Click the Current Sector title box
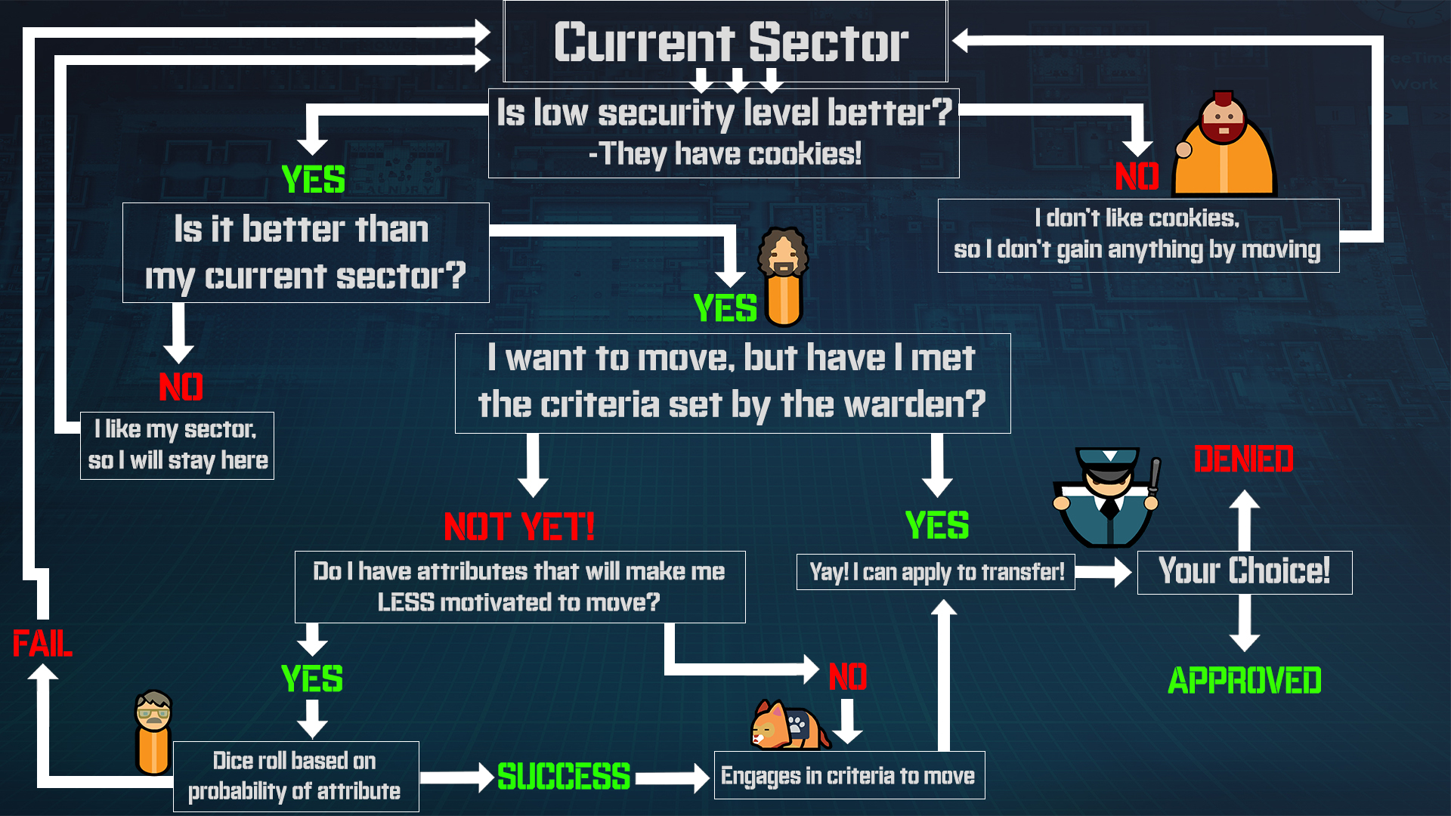pyautogui.click(x=725, y=42)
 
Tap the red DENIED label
pyautogui.click(x=1243, y=459)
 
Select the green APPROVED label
pyautogui.click(x=1244, y=681)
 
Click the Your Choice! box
pyautogui.click(x=1244, y=572)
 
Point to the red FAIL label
pyautogui.click(x=42, y=644)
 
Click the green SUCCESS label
pyautogui.click(x=564, y=777)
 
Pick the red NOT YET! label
pyautogui.click(x=519, y=527)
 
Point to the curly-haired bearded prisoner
pyautogui.click(x=784, y=276)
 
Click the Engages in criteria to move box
pyautogui.click(x=849, y=775)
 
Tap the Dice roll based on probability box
pyautogui.click(x=295, y=776)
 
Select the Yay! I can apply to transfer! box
pyautogui.click(x=936, y=572)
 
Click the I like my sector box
pyautogui.click(x=177, y=445)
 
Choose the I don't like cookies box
pyautogui.click(x=1138, y=235)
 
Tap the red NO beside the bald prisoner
pyautogui.click(x=1137, y=177)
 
